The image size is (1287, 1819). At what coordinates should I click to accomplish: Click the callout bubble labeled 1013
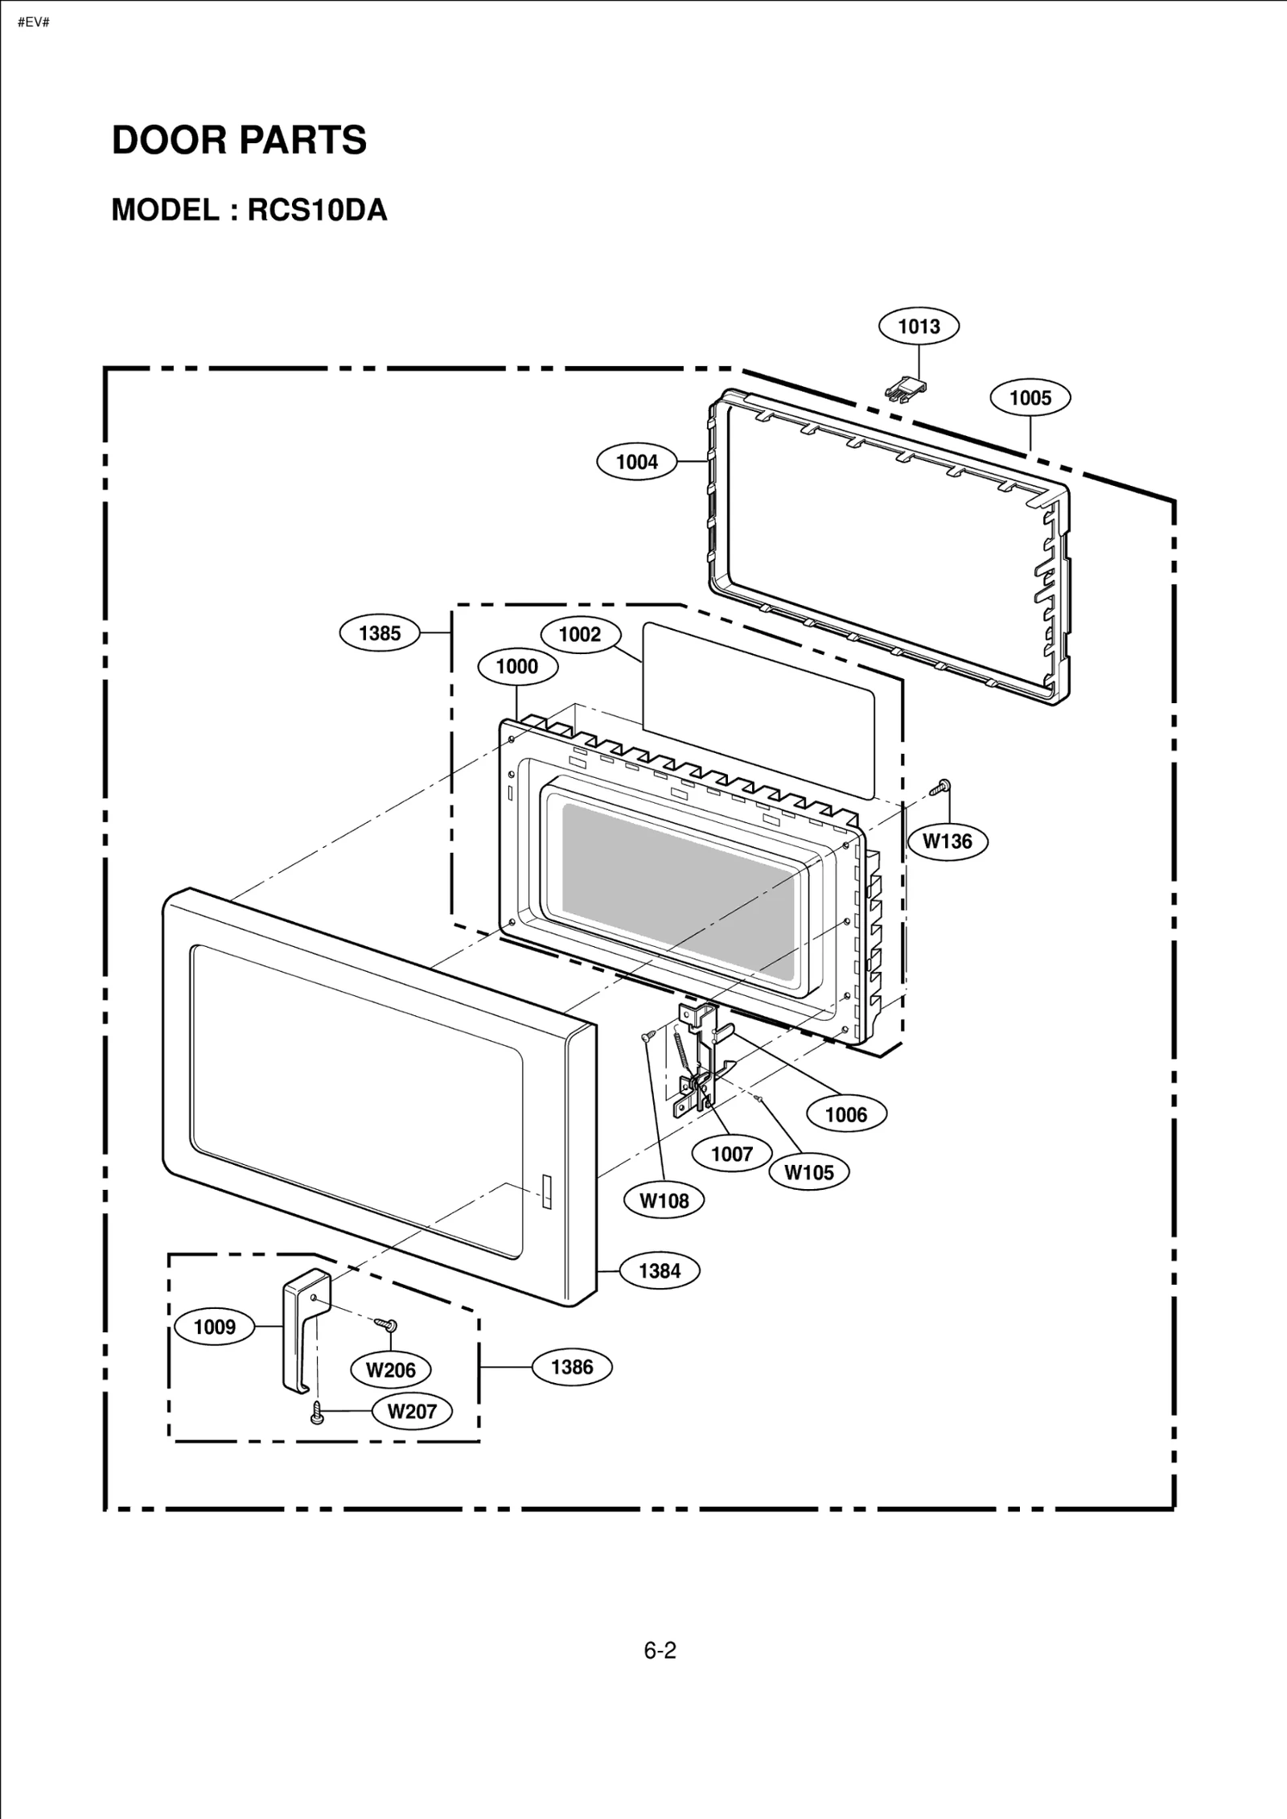pyautogui.click(x=918, y=326)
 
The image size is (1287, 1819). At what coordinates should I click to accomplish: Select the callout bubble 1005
pyautogui.click(x=1030, y=397)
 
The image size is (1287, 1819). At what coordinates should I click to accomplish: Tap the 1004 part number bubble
pyautogui.click(x=636, y=462)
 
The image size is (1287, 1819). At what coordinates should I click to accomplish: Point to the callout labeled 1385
pyautogui.click(x=380, y=632)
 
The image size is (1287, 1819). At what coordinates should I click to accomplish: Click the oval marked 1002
pyautogui.click(x=580, y=634)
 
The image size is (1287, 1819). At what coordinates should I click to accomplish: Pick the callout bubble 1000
pyautogui.click(x=517, y=666)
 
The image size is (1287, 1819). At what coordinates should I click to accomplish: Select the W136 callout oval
pyautogui.click(x=948, y=841)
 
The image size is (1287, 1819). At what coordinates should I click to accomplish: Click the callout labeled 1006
pyautogui.click(x=846, y=1114)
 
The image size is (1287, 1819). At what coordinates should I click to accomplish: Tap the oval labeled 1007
pyautogui.click(x=732, y=1154)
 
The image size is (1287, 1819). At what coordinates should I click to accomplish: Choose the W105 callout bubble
pyautogui.click(x=809, y=1172)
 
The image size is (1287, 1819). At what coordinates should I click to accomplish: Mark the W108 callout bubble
pyautogui.click(x=664, y=1200)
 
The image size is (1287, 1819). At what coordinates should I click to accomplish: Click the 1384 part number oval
pyautogui.click(x=660, y=1270)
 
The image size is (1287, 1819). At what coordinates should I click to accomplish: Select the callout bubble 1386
pyautogui.click(x=572, y=1367)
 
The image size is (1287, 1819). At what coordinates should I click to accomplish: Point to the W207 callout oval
pyautogui.click(x=412, y=1411)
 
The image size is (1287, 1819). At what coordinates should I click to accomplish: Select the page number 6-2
pyautogui.click(x=660, y=1651)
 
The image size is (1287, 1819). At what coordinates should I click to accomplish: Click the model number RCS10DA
pyautogui.click(x=317, y=209)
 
